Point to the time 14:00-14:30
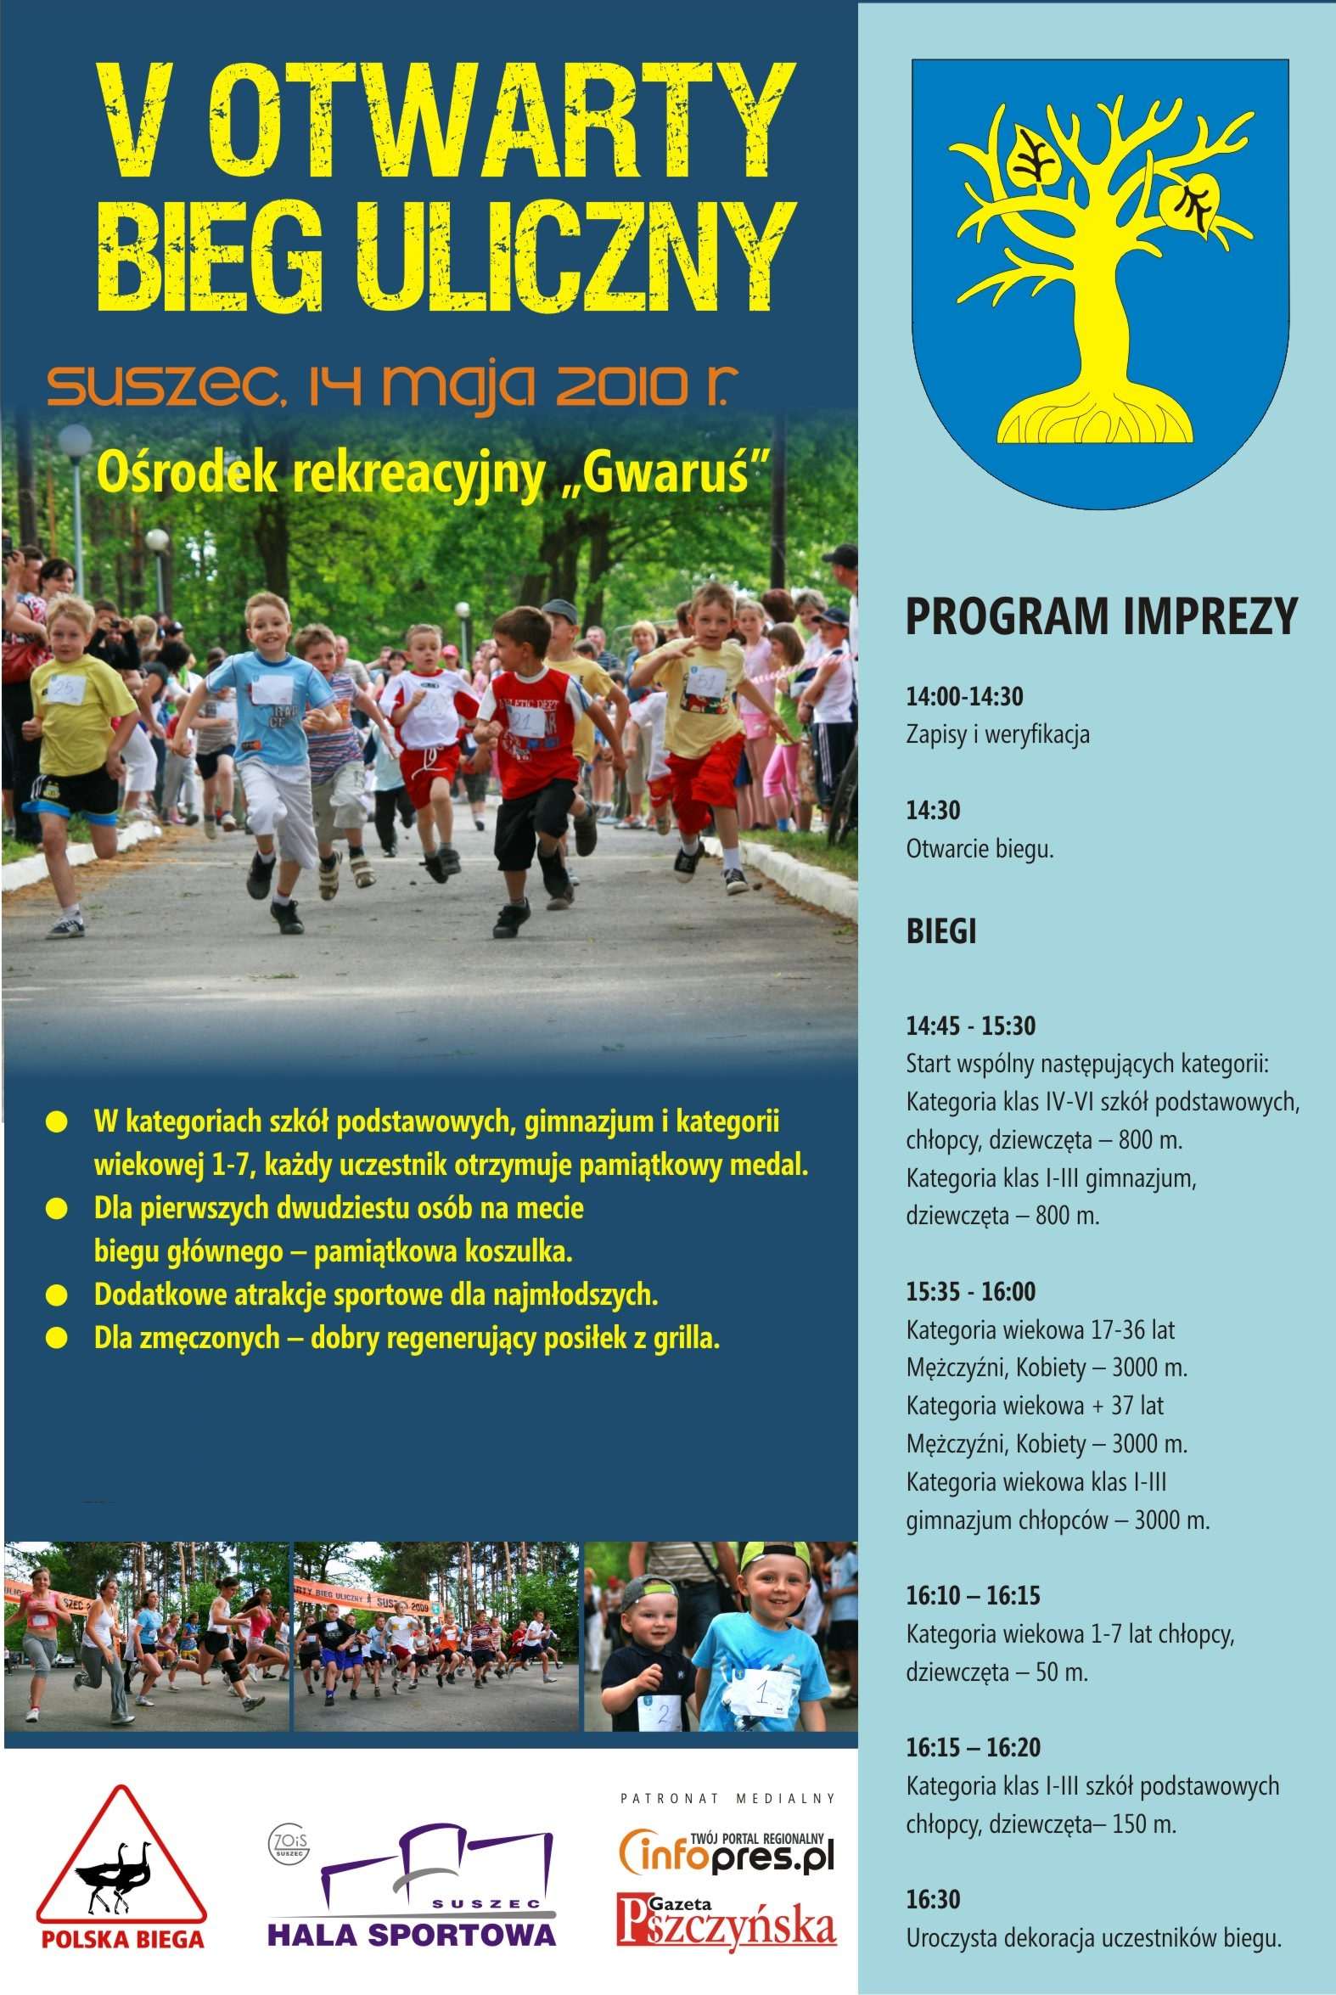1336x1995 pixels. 963,696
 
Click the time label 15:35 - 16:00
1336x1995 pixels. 970,1291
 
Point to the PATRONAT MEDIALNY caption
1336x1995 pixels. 727,1799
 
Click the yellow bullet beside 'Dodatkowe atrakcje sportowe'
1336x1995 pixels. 56,1296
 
